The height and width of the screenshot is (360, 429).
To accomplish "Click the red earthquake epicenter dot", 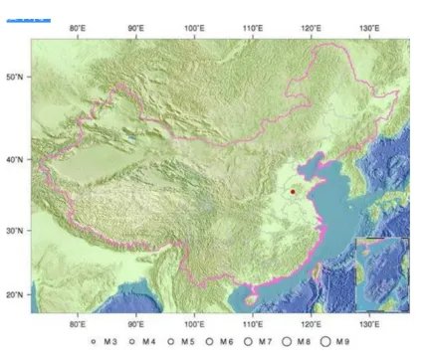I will (293, 191).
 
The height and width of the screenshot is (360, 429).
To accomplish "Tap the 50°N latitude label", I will (15, 76).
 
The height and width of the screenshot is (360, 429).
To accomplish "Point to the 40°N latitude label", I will (15, 158).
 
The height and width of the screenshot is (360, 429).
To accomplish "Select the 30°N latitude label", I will (15, 230).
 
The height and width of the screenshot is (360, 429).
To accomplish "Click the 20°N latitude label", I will (15, 294).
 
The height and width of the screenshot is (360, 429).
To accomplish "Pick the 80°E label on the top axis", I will (77, 27).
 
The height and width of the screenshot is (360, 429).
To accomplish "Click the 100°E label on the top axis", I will (194, 27).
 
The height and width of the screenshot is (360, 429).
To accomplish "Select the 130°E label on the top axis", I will (369, 27).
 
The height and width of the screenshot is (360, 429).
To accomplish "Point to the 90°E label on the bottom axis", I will (135, 324).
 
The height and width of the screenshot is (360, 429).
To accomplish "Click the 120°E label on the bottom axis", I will (311, 324).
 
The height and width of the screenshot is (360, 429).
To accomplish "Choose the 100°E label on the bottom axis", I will (194, 324).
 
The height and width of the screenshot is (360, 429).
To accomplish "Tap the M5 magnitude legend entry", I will (181, 342).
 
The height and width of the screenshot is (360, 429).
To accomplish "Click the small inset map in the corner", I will (381, 274).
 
